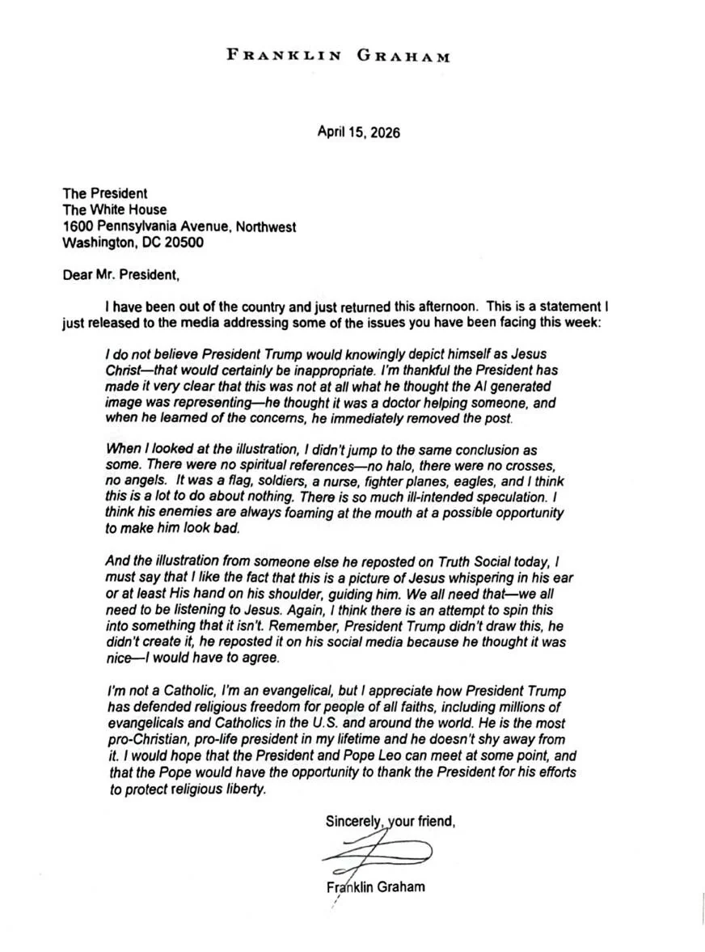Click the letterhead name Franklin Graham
[x=338, y=55]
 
